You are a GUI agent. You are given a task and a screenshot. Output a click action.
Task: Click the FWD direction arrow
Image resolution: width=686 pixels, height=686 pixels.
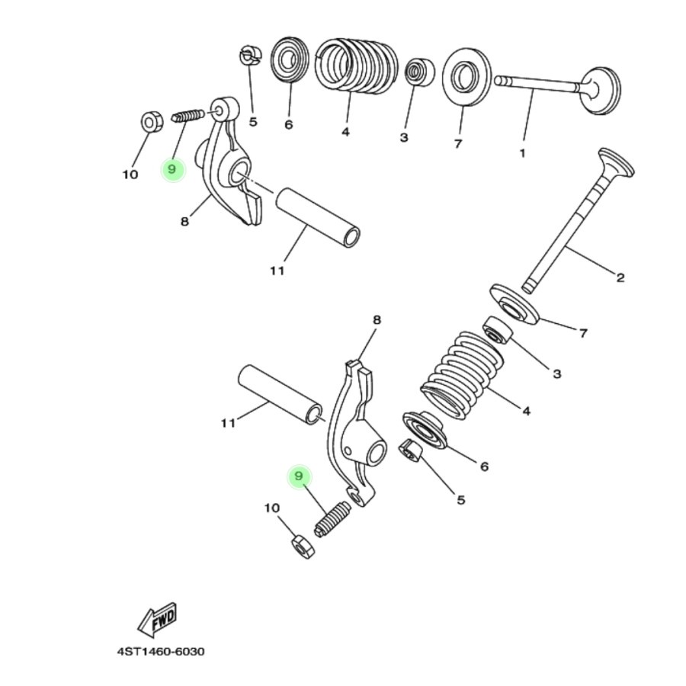pyautogui.click(x=158, y=619)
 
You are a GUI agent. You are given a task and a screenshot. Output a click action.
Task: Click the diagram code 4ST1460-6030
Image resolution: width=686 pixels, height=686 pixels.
pyautogui.click(x=160, y=652)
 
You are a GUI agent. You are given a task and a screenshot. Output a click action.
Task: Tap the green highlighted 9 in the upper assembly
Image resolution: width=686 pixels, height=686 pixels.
pyautogui.click(x=173, y=168)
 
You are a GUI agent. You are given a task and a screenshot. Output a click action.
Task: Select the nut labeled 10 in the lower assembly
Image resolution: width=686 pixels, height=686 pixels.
pyautogui.click(x=303, y=546)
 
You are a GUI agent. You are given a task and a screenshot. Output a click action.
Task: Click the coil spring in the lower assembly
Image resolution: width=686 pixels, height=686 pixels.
pyautogui.click(x=463, y=373)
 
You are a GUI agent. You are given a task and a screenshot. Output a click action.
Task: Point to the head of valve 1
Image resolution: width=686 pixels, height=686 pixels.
pyautogui.click(x=601, y=90)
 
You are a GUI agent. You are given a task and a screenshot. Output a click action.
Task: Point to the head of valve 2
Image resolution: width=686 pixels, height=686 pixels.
pyautogui.click(x=616, y=162)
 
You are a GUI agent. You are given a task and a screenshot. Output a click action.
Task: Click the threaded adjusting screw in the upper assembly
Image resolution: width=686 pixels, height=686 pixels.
pyautogui.click(x=188, y=116)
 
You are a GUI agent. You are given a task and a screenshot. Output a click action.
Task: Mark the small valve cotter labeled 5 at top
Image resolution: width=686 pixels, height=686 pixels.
pyautogui.click(x=250, y=56)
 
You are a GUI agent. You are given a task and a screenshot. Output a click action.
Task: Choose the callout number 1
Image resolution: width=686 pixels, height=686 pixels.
pyautogui.click(x=522, y=153)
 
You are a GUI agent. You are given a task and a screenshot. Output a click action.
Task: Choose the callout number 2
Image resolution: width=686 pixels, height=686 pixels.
pyautogui.click(x=620, y=277)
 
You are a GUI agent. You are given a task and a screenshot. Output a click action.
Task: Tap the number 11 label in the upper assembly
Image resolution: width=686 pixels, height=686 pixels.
pyautogui.click(x=277, y=271)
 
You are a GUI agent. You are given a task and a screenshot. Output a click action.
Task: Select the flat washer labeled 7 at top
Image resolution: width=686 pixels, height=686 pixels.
pyautogui.click(x=466, y=77)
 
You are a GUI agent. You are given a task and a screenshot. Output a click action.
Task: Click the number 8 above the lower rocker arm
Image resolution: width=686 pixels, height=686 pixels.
pyautogui.click(x=377, y=320)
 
